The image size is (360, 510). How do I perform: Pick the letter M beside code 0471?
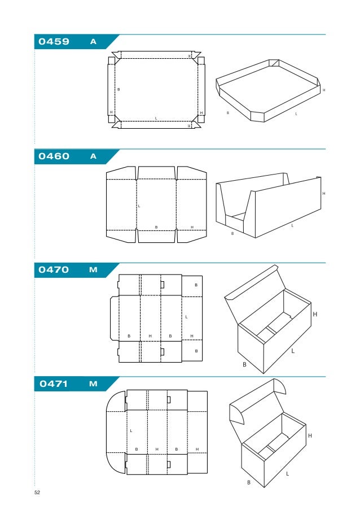coord(93,384)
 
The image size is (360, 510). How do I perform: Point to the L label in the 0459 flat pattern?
coord(156,117)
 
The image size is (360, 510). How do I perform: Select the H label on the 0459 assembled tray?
coord(324,90)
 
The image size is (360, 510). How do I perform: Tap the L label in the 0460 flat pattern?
coord(139,206)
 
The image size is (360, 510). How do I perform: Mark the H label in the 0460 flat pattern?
coord(192,227)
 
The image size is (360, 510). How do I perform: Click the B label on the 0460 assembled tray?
coord(232,233)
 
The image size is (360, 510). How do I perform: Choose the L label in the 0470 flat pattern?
coord(186,317)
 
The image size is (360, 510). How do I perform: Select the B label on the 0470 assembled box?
coord(244,365)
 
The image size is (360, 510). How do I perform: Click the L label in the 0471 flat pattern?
coord(131,431)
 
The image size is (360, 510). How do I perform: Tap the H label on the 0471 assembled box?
coord(309,435)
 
